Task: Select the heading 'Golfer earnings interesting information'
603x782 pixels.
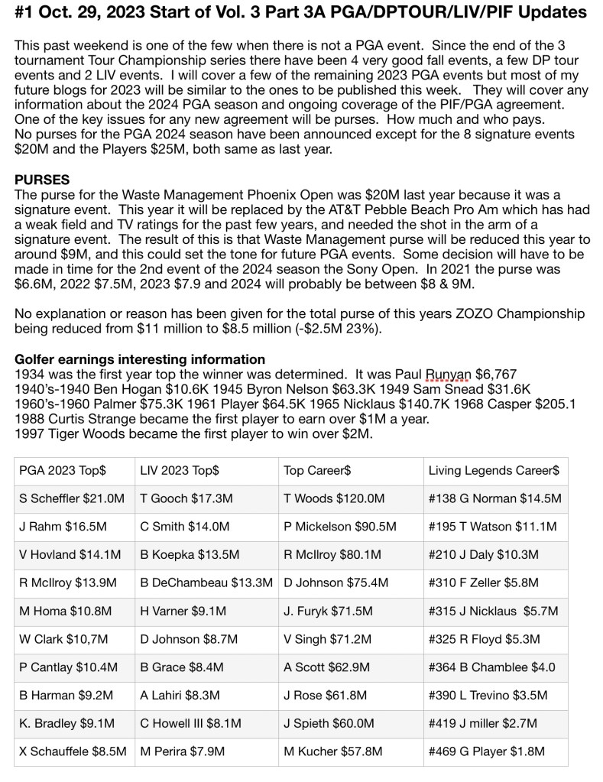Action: (x=140, y=359)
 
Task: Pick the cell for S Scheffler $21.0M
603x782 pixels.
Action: (x=72, y=499)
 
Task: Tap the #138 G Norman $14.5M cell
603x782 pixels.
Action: (x=494, y=499)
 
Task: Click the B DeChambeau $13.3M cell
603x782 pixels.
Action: (x=206, y=582)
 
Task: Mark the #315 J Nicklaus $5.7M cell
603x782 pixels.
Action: (x=493, y=611)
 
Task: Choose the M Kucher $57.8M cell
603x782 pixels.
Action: (x=333, y=751)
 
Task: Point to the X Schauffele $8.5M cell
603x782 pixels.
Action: (x=73, y=751)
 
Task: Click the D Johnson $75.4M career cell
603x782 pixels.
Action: (x=336, y=582)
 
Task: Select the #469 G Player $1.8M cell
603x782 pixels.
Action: (x=487, y=751)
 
